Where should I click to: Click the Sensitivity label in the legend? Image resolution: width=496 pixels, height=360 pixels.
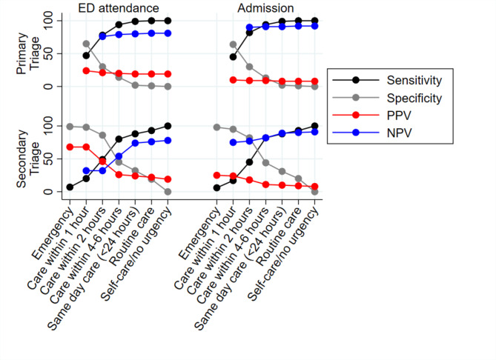click(414, 80)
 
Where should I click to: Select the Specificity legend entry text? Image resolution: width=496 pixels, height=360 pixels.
click(414, 99)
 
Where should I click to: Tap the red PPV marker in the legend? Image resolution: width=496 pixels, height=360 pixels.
click(356, 115)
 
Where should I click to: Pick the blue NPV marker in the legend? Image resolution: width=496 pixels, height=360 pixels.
click(356, 133)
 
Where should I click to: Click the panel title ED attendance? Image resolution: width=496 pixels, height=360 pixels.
click(119, 8)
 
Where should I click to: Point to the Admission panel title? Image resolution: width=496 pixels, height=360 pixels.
click(265, 8)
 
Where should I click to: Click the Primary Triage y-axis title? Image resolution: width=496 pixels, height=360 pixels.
click(28, 53)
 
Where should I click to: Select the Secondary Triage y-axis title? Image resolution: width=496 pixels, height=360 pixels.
click(28, 159)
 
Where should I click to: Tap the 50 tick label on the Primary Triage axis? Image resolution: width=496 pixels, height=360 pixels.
click(48, 54)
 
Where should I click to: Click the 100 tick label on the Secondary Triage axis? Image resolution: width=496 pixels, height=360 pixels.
click(48, 126)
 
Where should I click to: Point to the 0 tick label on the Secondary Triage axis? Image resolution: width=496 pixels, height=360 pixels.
click(48, 192)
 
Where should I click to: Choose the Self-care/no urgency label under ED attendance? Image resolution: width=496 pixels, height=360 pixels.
click(136, 254)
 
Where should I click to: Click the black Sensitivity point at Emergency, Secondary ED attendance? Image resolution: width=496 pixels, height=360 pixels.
click(70, 187)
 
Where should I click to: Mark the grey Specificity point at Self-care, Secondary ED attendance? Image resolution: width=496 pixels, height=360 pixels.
click(168, 192)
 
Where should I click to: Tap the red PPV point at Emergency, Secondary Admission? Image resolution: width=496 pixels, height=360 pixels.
click(216, 175)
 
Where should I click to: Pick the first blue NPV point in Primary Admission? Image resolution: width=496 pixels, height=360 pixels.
click(249, 27)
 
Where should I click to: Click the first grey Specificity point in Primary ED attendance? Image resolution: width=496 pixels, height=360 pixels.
click(86, 44)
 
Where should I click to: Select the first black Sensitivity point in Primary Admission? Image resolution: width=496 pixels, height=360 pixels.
click(233, 57)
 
